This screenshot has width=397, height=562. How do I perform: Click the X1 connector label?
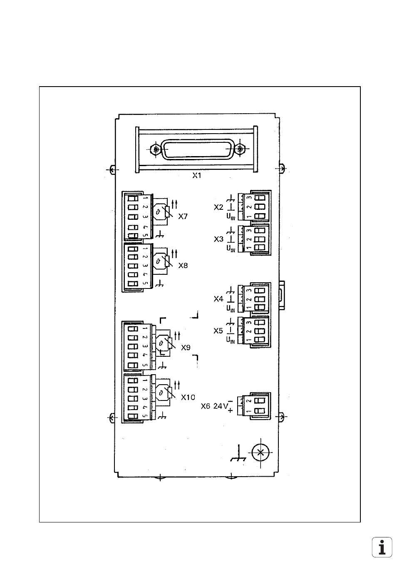click(x=196, y=176)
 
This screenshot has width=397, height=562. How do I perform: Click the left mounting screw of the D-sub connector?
click(x=156, y=149)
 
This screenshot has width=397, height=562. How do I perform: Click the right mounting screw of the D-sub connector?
click(x=240, y=149)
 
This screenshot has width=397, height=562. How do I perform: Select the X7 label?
click(x=183, y=216)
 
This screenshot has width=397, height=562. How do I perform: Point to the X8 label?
click(x=183, y=265)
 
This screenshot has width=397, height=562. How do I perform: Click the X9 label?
click(x=186, y=347)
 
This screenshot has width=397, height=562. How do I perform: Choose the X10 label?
click(x=188, y=397)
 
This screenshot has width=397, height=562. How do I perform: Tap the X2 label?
click(x=218, y=207)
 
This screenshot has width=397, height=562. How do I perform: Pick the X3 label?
click(x=218, y=239)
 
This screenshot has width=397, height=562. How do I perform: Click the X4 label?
click(x=218, y=299)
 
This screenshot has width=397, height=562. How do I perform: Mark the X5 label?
click(x=218, y=331)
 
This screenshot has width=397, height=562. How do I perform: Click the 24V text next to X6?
click(x=220, y=406)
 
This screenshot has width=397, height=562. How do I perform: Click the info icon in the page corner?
click(x=382, y=547)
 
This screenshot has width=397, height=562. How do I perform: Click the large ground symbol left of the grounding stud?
click(x=238, y=456)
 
